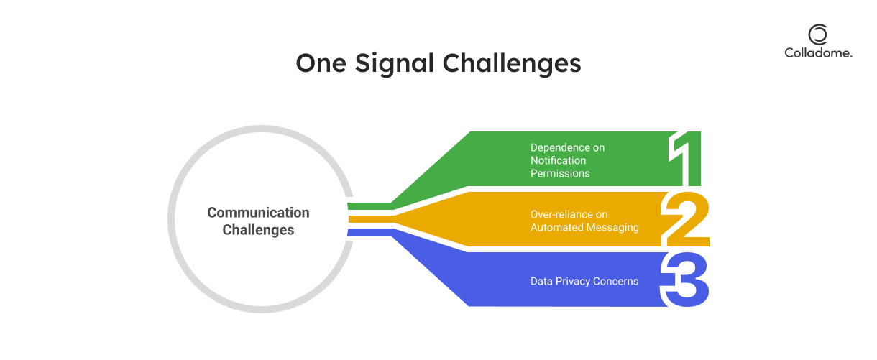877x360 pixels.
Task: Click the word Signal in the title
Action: [392, 63]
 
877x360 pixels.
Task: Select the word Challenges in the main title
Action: [511, 63]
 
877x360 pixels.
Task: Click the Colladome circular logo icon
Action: [817, 34]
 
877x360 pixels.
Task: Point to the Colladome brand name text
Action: [818, 52]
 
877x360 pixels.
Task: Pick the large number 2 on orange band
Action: [684, 219]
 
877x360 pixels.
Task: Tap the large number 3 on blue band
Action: [685, 280]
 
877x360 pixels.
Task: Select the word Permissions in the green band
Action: [560, 173]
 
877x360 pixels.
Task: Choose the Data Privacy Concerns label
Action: [584, 281]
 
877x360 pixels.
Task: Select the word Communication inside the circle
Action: [258, 213]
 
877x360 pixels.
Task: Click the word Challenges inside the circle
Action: [258, 230]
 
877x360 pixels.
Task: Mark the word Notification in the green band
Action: [558, 160]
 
